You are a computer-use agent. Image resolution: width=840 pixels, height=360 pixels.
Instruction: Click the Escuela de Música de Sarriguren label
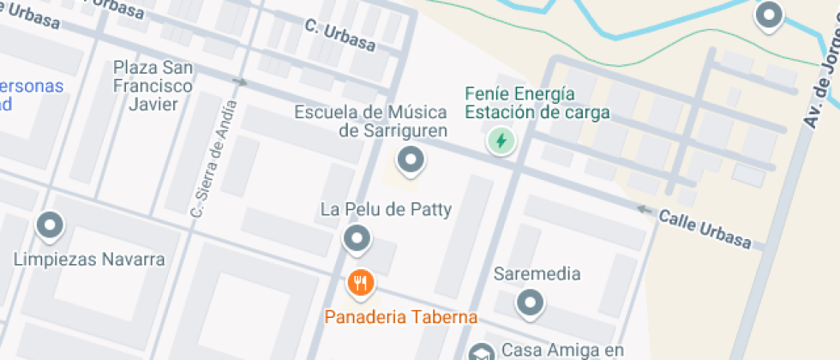pyautogui.click(x=370, y=121)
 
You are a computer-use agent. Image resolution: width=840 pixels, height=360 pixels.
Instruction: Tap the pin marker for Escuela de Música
pyautogui.click(x=411, y=159)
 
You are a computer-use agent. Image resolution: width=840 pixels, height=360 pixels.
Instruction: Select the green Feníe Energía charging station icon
pyautogui.click(x=500, y=141)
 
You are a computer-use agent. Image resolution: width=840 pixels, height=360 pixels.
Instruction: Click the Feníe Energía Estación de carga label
pyautogui.click(x=537, y=103)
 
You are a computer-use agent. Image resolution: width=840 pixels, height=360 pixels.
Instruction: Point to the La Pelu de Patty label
pyautogui.click(x=386, y=209)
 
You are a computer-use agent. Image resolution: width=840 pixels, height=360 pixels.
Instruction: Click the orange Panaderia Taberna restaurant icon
pyautogui.click(x=360, y=282)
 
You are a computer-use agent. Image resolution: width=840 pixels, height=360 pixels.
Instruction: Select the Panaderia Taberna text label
pyautogui.click(x=400, y=317)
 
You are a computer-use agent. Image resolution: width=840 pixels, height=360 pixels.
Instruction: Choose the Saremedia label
pyautogui.click(x=537, y=274)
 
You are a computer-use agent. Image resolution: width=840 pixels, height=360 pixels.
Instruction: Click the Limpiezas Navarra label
pyautogui.click(x=89, y=259)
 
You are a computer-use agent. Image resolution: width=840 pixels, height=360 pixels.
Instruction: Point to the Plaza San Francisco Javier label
pyautogui.click(x=153, y=86)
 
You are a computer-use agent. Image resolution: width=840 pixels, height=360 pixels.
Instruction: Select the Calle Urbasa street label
pyautogui.click(x=705, y=230)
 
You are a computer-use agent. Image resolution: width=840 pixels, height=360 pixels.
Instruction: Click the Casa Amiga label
pyautogui.click(x=561, y=350)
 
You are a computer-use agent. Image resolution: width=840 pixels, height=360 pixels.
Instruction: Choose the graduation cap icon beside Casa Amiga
pyautogui.click(x=482, y=352)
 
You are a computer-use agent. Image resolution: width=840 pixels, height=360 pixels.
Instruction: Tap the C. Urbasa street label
pyautogui.click(x=339, y=37)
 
